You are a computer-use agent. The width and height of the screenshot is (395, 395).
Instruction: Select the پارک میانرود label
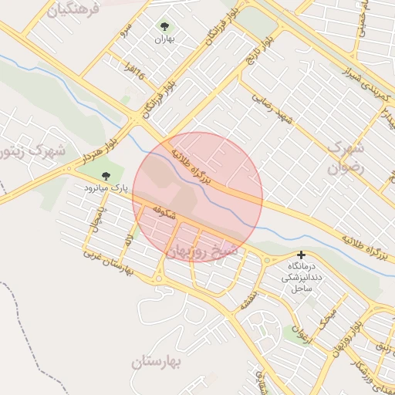pyautogui.click(x=106, y=187)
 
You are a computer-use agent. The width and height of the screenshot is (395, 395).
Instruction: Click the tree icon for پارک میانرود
pyautogui.click(x=106, y=176)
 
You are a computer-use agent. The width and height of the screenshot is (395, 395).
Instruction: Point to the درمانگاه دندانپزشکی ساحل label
pyautogui.click(x=301, y=276)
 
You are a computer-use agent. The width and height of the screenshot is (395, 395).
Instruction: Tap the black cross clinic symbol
pyautogui.click(x=301, y=255)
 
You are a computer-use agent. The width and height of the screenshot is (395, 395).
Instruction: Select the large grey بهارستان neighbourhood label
pyautogui.click(x=166, y=361)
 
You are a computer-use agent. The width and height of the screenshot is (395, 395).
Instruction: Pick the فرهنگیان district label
pyautogui.click(x=73, y=9)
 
